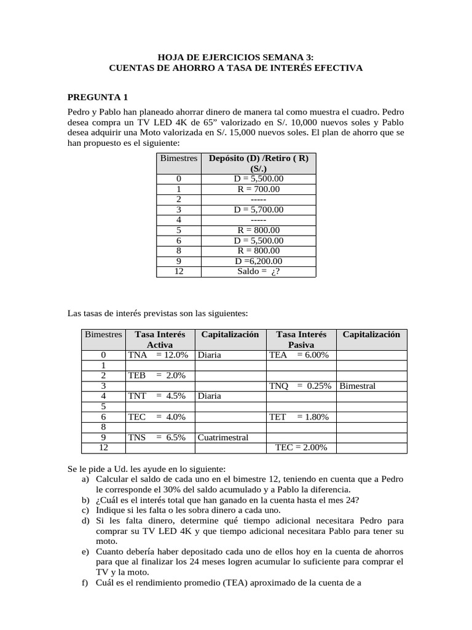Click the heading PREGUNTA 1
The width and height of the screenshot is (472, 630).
[98, 97]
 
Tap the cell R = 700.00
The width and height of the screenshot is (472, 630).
[258, 189]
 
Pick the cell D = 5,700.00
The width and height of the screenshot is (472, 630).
[258, 209]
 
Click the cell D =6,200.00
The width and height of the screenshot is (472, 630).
[258, 260]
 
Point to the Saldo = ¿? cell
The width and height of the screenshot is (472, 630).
[258, 271]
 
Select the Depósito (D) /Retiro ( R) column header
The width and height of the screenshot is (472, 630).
[258, 163]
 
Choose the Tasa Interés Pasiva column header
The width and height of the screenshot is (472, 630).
[301, 340]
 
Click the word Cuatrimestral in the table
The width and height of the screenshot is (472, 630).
[223, 437]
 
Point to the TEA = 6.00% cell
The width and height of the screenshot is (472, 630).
[301, 355]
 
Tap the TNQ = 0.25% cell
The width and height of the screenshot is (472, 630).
[301, 386]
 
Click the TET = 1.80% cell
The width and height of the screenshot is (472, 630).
[301, 417]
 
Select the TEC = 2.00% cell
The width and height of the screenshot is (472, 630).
[301, 448]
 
